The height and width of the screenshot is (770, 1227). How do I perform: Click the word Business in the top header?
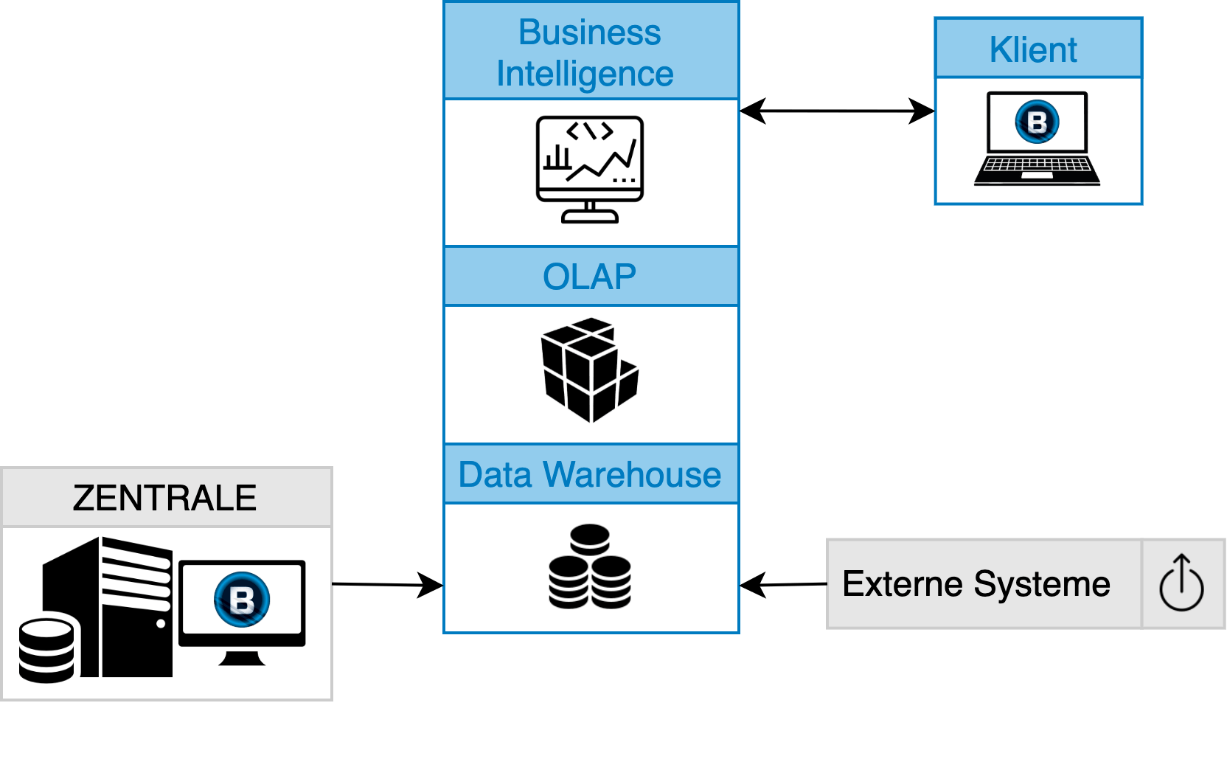tap(589, 32)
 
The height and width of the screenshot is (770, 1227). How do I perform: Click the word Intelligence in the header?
tap(585, 74)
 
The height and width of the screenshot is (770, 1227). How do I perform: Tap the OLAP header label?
tap(589, 277)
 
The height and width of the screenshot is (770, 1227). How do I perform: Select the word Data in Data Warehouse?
tap(495, 475)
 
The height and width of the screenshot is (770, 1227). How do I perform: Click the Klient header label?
tap(1033, 50)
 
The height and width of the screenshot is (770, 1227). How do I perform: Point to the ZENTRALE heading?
tap(164, 498)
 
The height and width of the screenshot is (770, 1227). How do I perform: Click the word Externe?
tap(902, 584)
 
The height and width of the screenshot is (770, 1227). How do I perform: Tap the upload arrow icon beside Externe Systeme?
tap(1181, 583)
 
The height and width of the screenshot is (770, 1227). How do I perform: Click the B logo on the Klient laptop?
tap(1037, 122)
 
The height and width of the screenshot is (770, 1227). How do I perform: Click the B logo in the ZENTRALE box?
tap(242, 599)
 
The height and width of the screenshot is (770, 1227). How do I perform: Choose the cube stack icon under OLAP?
tap(589, 370)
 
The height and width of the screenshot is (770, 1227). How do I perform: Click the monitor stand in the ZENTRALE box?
tap(242, 657)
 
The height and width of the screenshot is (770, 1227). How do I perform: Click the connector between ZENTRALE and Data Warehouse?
tap(388, 584)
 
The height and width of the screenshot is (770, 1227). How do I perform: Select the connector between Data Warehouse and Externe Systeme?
tap(782, 584)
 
